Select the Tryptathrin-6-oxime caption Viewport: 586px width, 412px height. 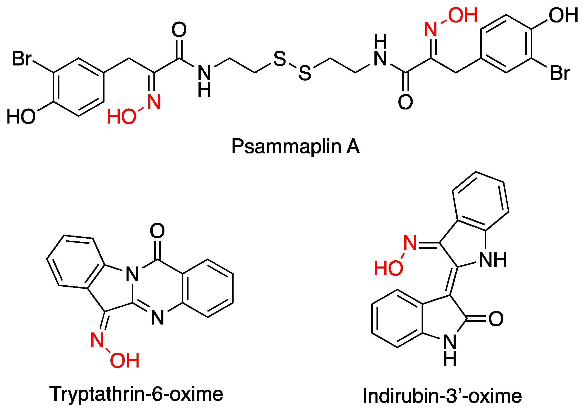coord(136,394)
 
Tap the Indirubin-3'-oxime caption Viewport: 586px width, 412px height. coord(442,396)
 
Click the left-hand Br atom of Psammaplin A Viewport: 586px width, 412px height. coord(22,59)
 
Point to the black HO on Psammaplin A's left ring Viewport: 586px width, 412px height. coord(21,117)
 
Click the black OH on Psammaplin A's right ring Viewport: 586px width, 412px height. coord(563,15)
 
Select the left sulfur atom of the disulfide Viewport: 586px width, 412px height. coord(280,59)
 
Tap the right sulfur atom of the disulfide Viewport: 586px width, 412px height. coord(305,73)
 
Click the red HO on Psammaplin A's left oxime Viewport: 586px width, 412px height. coord(122,117)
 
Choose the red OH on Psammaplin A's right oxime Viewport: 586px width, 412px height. coord(463,15)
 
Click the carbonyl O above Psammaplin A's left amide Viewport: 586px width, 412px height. coord(179,30)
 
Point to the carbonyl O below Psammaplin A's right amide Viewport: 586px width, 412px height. coord(405,102)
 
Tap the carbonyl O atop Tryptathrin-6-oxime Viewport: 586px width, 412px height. coord(157,231)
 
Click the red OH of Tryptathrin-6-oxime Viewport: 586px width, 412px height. coord(125,361)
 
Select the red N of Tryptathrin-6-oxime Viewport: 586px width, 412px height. coord(97,340)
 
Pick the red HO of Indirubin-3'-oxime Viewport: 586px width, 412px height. coord(389,268)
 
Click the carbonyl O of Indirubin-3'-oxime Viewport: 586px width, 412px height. coord(496,319)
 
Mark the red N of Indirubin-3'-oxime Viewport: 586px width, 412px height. coord(410,243)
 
